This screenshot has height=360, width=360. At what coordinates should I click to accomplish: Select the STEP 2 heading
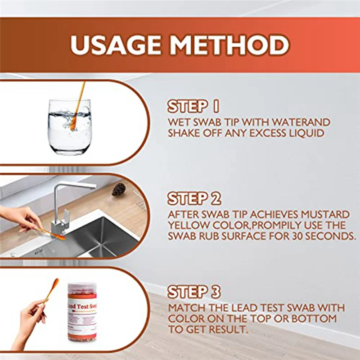(x=194, y=198)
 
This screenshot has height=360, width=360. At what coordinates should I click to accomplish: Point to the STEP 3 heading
(x=194, y=292)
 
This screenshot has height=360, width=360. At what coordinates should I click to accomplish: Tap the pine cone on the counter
(x=119, y=189)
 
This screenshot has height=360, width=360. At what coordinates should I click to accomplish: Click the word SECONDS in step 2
(x=327, y=236)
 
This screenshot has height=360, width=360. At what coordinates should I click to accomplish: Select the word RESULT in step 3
(x=226, y=330)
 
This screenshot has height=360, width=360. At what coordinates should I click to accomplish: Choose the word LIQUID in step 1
(x=306, y=133)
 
